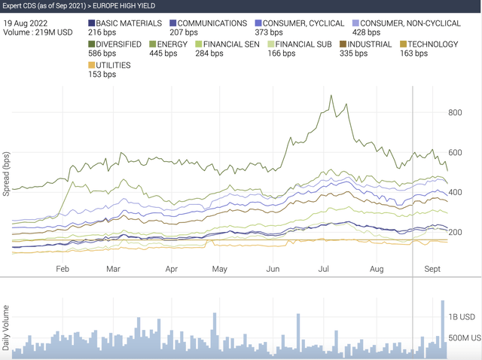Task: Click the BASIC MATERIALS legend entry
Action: click(x=124, y=23)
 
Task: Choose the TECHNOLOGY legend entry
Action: click(x=430, y=44)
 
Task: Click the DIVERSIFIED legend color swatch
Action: click(x=92, y=44)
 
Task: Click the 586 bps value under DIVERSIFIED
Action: click(x=102, y=54)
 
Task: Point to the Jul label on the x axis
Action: click(x=327, y=268)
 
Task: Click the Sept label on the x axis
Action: click(x=432, y=268)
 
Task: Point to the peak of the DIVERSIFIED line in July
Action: click(x=331, y=96)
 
